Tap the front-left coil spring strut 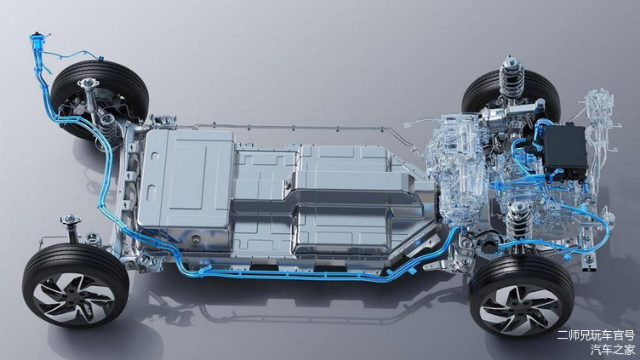518,221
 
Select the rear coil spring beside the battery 107,126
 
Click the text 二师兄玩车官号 596,335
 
